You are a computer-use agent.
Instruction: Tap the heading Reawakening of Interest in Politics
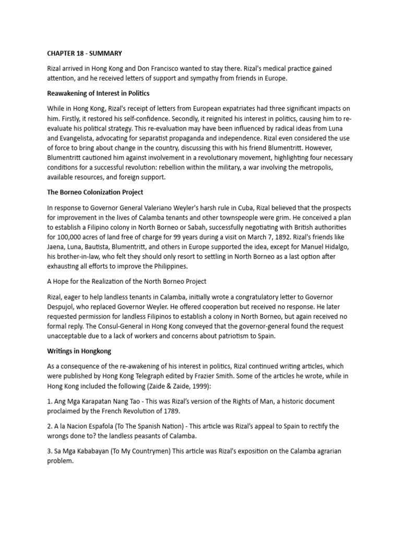(98, 94)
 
